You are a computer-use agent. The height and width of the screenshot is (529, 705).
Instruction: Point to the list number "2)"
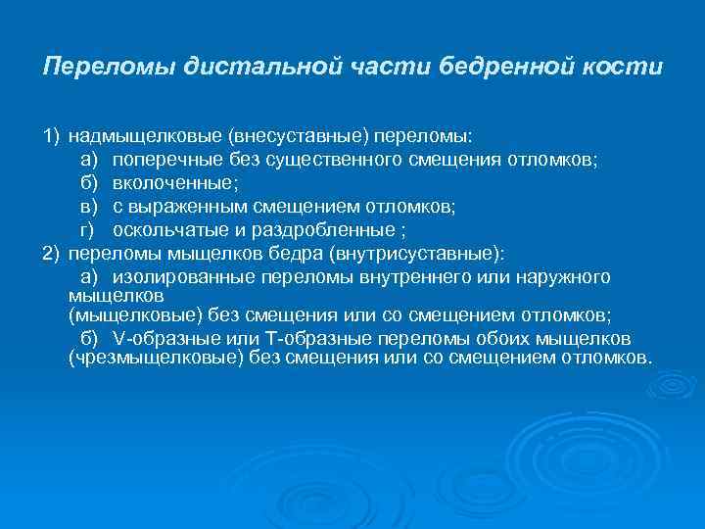point(52,254)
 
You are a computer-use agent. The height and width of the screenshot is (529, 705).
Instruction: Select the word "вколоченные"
point(161,183)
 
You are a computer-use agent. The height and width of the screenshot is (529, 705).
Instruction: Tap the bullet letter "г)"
point(87,230)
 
